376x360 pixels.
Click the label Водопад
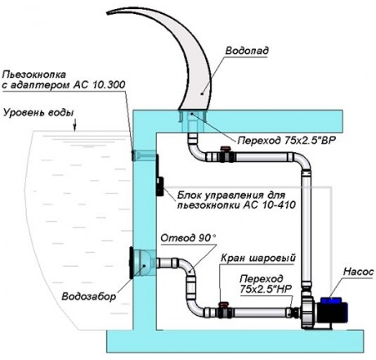click(x=247, y=51)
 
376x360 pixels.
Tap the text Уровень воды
click(x=38, y=113)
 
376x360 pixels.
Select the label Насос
click(x=358, y=272)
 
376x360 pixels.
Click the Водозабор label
click(x=89, y=296)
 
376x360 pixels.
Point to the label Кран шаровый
click(x=258, y=258)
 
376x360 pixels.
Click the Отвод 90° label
click(x=188, y=238)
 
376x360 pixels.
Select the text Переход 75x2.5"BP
click(x=287, y=141)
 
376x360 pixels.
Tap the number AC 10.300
click(x=99, y=84)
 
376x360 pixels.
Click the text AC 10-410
click(x=269, y=205)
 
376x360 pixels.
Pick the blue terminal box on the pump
click(x=330, y=301)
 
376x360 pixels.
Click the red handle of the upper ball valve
click(x=226, y=149)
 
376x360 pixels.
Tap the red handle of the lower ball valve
click(x=224, y=304)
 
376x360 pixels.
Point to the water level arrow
click(x=75, y=124)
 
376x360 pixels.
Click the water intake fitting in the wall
click(x=142, y=263)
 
